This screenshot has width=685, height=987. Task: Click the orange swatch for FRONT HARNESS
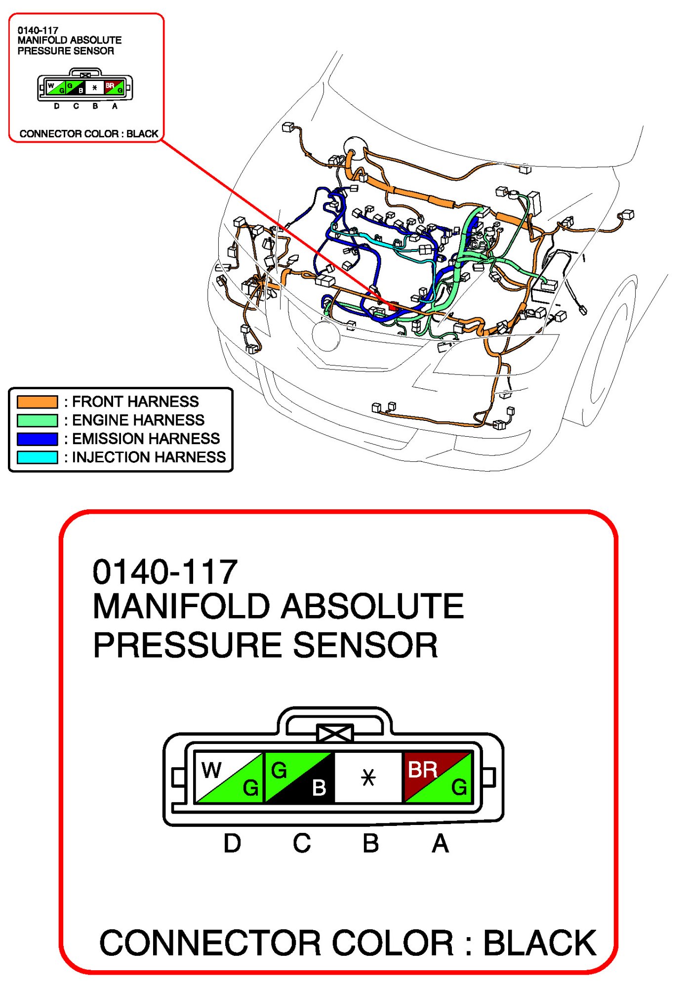38,402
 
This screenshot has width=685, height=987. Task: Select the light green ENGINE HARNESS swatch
38,420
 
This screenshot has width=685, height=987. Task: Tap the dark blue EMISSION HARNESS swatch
38,439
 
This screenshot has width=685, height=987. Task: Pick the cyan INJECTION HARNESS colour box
38,457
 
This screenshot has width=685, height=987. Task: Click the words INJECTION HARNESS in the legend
149,457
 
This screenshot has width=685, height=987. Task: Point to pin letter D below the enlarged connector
232,843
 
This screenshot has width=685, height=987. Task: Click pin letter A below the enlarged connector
440,843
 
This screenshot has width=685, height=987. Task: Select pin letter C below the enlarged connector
301,843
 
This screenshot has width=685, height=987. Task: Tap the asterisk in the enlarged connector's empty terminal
368,778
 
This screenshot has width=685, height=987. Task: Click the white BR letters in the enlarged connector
423,770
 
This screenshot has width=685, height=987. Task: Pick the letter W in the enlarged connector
211,770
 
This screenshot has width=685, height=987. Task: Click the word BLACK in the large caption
540,943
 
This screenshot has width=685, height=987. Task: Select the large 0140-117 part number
165,572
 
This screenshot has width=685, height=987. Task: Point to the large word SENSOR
365,645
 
